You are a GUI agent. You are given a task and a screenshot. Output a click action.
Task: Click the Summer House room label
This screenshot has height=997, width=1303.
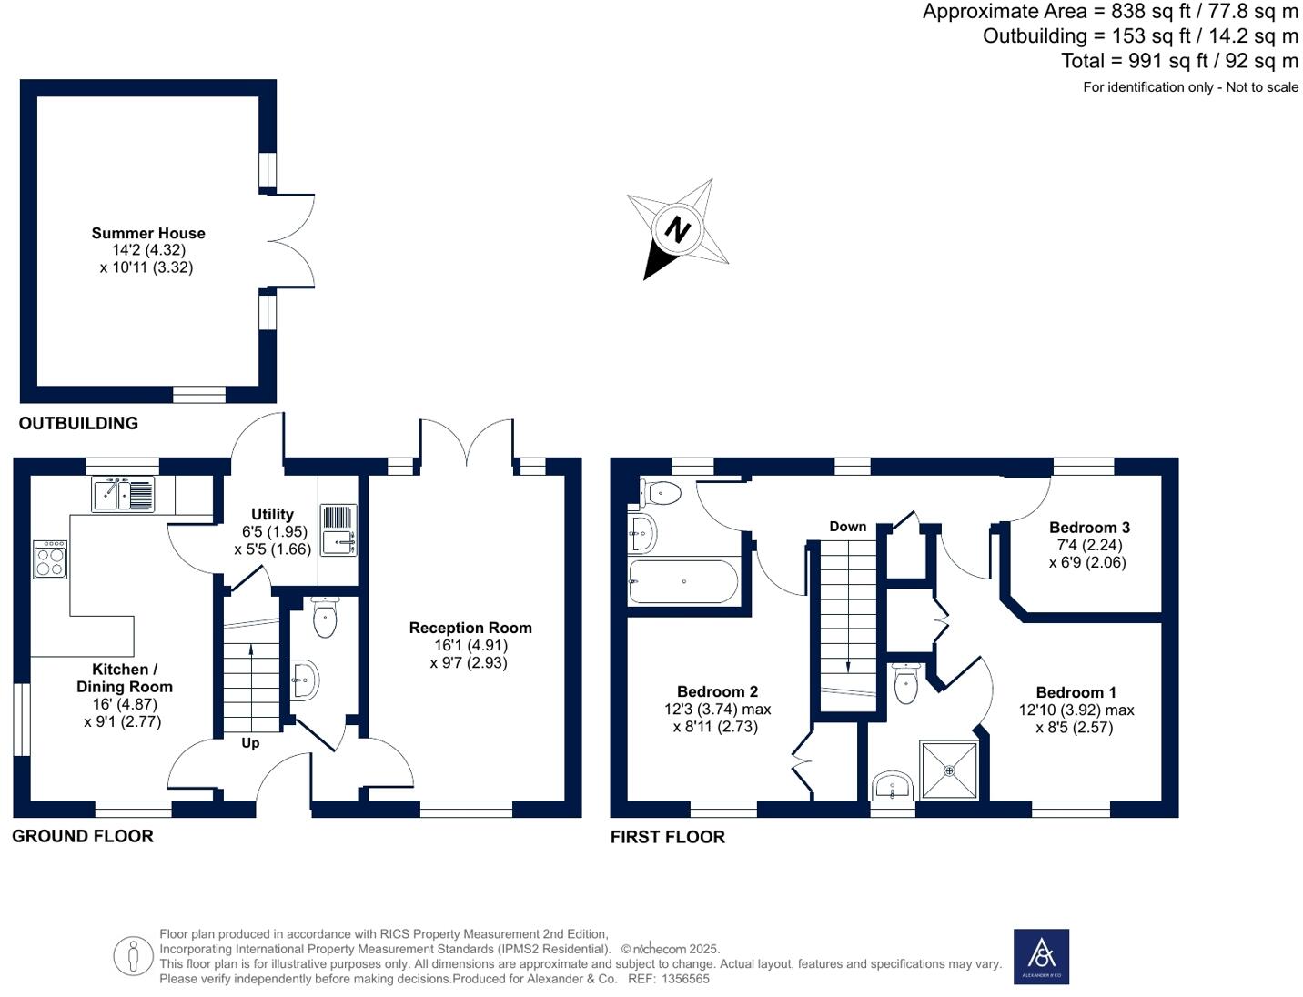(x=148, y=234)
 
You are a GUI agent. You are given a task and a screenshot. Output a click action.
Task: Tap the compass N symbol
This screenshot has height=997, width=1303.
(x=677, y=229)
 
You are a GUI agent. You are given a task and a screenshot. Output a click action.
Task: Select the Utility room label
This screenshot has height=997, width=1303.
(x=272, y=514)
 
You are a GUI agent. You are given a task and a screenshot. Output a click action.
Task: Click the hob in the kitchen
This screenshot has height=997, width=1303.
(x=50, y=559)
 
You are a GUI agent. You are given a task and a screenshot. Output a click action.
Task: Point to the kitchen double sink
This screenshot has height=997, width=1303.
(x=123, y=494)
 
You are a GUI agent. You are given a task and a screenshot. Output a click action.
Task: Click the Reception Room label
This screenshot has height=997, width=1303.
(x=470, y=628)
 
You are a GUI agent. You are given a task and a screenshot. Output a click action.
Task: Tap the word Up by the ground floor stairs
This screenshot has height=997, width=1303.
(x=250, y=743)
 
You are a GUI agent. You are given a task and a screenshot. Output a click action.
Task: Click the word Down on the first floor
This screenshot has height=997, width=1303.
(x=847, y=527)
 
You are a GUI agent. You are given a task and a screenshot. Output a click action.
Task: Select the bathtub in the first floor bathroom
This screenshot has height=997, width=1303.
(x=683, y=581)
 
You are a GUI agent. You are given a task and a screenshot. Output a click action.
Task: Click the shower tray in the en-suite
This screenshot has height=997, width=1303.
(x=949, y=770)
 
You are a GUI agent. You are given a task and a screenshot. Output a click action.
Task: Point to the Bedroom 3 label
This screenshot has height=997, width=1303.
(x=1089, y=528)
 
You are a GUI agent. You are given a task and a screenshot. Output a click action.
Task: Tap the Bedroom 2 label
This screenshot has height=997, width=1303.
(x=717, y=691)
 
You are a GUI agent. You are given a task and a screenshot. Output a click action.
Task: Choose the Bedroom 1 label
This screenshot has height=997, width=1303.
(x=1076, y=692)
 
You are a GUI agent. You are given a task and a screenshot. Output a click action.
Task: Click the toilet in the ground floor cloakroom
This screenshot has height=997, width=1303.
(x=324, y=617)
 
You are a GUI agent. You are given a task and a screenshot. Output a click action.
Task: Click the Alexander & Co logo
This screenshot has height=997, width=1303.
(x=1041, y=956)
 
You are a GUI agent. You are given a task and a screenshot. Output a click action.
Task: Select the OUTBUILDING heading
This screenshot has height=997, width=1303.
(x=78, y=423)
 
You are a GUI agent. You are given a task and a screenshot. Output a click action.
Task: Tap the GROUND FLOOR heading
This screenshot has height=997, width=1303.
(x=83, y=836)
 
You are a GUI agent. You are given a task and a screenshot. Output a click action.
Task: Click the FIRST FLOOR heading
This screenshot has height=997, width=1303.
(x=667, y=837)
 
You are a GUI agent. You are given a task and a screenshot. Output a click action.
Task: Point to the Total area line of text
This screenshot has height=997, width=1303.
(x=1179, y=61)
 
